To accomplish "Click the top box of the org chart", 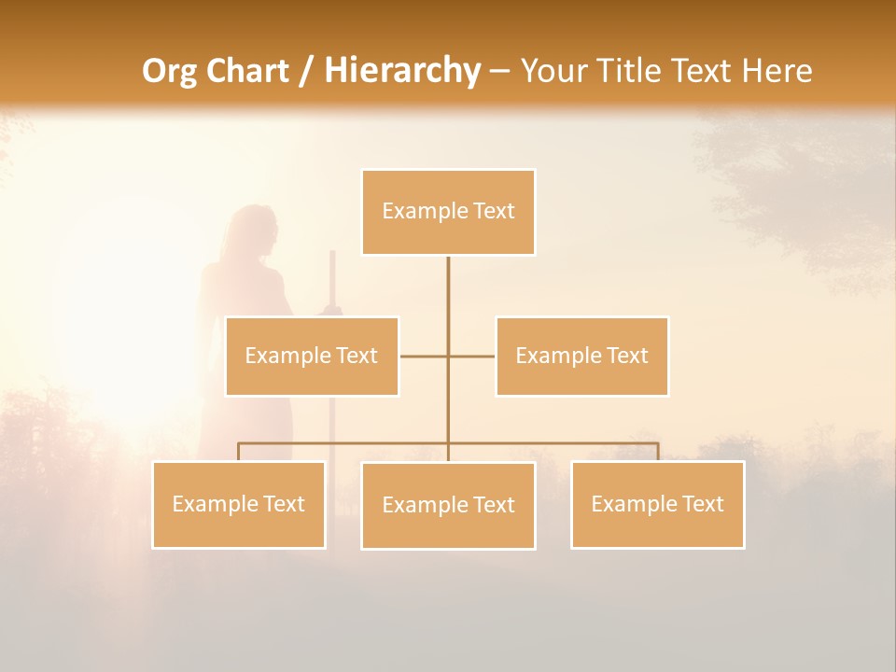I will coord(448,212).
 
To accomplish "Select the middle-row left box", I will coord(312,356).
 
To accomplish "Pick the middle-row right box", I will coord(581,356).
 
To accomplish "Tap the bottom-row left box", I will coord(239,504).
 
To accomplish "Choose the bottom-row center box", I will coord(448,505).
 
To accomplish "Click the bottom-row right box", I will coord(657,504).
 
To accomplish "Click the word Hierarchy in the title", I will coord(401,71).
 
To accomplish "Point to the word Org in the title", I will coord(169,71).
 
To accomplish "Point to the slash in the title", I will coord(306,71).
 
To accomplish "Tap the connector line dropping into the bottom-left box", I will coord(239,452).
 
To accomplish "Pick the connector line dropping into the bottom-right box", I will coord(658,452).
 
